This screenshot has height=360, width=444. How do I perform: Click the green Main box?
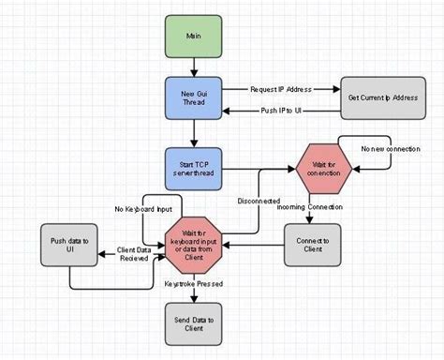tap(193, 37)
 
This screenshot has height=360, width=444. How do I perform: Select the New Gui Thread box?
tap(193, 98)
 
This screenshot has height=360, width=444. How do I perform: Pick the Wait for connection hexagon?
tap(325, 170)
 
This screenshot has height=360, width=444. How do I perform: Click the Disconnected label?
tap(258, 199)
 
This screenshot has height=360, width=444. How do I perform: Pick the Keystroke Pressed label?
tap(194, 282)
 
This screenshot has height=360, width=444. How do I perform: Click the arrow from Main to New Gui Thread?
tap(193, 67)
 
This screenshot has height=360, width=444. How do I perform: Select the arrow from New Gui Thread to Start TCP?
tap(193, 133)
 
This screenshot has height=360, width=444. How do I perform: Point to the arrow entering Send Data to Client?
tap(193, 296)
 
